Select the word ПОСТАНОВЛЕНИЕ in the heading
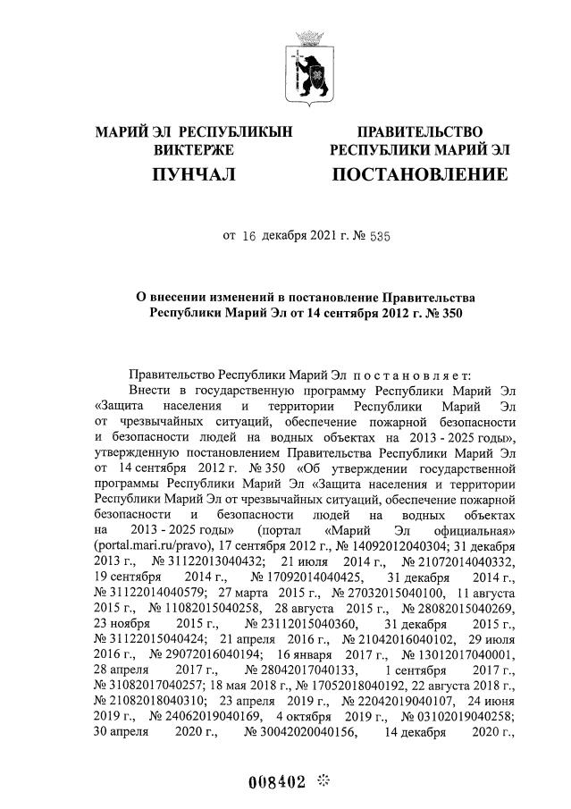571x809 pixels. coord(419,173)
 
